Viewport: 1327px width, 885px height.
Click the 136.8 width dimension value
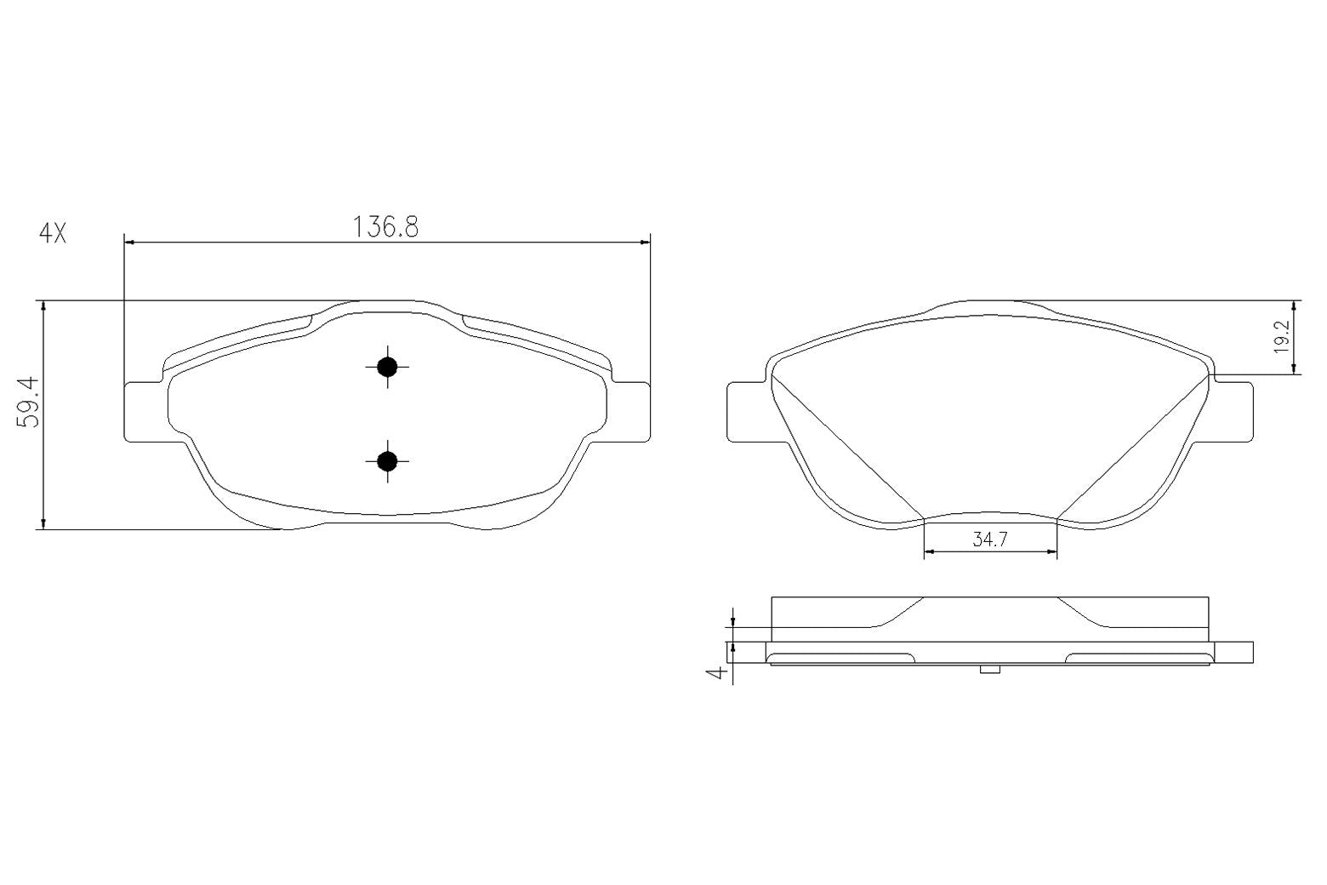click(386, 226)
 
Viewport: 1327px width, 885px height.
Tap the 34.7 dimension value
click(990, 540)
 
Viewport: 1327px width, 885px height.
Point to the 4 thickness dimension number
click(719, 672)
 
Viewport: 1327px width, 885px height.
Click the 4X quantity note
click(53, 233)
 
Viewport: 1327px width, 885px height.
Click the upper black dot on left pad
click(387, 367)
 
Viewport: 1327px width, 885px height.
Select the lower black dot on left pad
click(387, 461)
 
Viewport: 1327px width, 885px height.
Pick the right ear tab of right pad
click(1233, 412)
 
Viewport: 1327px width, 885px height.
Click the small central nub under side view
click(990, 670)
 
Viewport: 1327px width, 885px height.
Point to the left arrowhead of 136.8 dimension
click(130, 243)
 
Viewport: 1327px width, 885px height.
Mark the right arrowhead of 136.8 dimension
click(644, 243)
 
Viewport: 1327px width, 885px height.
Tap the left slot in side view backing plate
click(842, 657)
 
